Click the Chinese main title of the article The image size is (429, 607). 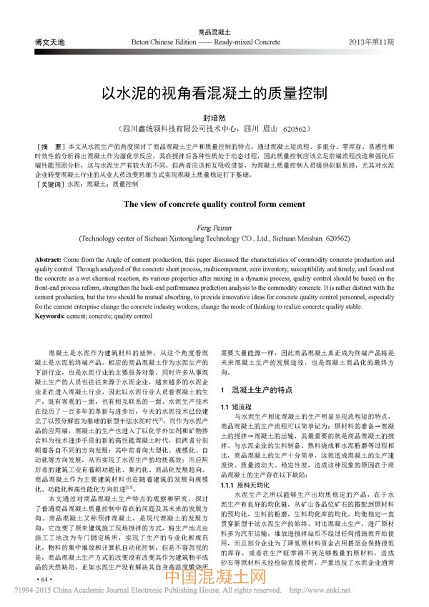pyautogui.click(x=214, y=94)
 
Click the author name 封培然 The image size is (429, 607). pyautogui.click(x=214, y=116)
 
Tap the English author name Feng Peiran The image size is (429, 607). pyautogui.click(x=214, y=226)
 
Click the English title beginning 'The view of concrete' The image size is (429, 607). pyautogui.click(x=214, y=204)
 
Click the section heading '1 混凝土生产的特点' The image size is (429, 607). pyautogui.click(x=257, y=390)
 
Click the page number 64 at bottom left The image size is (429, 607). pyautogui.click(x=44, y=578)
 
